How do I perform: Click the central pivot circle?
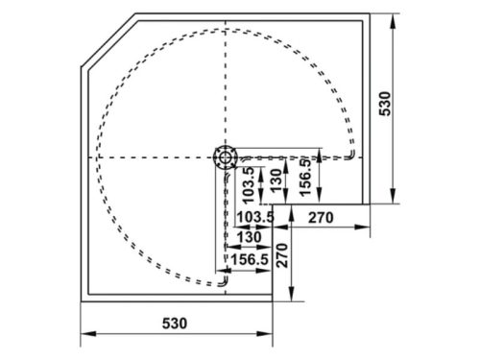tap(226, 156)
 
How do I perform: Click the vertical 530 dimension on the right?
tap(385, 103)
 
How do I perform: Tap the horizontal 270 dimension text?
tap(320, 217)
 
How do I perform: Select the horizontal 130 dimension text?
tap(248, 237)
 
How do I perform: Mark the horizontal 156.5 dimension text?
tap(249, 258)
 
